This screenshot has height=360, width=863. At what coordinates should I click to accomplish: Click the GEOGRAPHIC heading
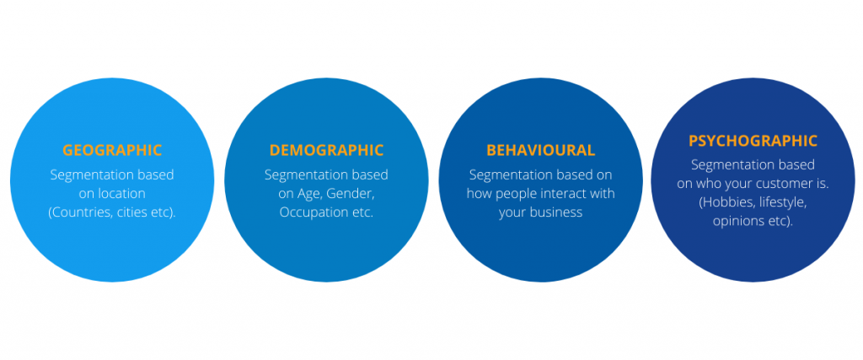point(112,150)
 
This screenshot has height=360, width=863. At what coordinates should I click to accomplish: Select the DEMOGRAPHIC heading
point(326,150)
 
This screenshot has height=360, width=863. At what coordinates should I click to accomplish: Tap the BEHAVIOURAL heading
point(540,150)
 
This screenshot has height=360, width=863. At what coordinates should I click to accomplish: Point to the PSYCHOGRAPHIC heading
point(753,141)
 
